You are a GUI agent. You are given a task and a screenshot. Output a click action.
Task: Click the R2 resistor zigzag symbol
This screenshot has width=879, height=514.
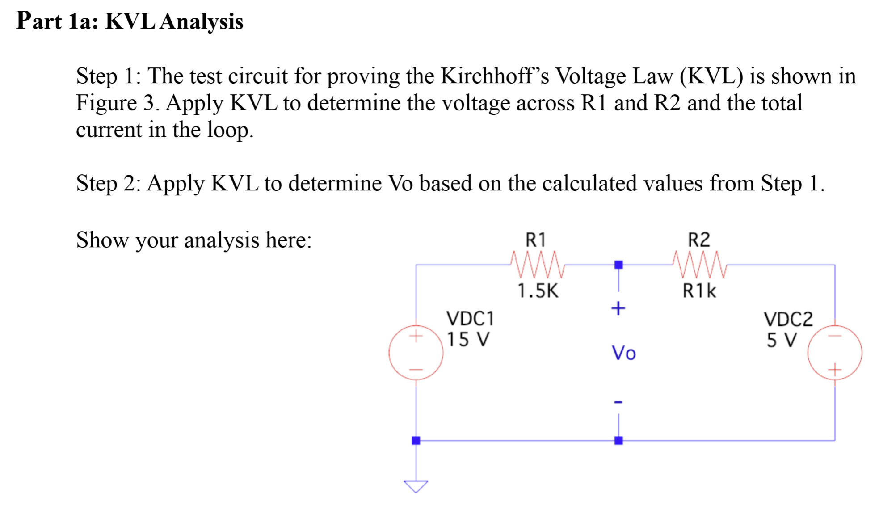[x=700, y=265]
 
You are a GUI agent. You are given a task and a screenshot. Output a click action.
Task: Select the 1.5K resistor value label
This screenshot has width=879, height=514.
[x=538, y=291]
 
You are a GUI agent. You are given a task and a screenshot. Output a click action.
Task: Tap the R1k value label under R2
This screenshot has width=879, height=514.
[x=699, y=291]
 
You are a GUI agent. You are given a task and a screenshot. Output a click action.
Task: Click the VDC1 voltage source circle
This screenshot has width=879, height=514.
[x=416, y=353]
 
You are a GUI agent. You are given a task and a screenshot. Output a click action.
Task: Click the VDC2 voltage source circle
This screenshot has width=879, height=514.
[x=834, y=353]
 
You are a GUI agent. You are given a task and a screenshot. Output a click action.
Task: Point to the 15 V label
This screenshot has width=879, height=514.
[x=468, y=340]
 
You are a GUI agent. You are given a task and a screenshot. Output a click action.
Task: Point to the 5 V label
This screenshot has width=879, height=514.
[x=782, y=341]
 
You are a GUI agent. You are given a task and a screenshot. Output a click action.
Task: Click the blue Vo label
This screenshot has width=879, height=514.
[x=623, y=353]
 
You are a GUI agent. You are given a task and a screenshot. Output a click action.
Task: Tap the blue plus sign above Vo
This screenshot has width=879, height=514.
[x=618, y=308]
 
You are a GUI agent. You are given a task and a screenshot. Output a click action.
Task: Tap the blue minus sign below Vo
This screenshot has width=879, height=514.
[x=618, y=402]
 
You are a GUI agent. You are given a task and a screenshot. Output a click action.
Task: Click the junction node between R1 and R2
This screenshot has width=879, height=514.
[x=618, y=265]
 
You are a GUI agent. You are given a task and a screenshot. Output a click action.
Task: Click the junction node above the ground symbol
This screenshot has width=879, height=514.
[x=416, y=441]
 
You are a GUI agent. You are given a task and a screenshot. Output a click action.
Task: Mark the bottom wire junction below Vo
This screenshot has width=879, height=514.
[x=618, y=441]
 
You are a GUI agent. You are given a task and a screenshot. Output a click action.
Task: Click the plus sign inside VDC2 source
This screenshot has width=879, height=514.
[x=834, y=370]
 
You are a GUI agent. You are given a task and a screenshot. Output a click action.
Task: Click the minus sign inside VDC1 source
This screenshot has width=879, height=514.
[x=416, y=370]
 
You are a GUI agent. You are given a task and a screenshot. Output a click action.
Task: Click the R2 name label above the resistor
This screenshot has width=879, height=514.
[x=698, y=240]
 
